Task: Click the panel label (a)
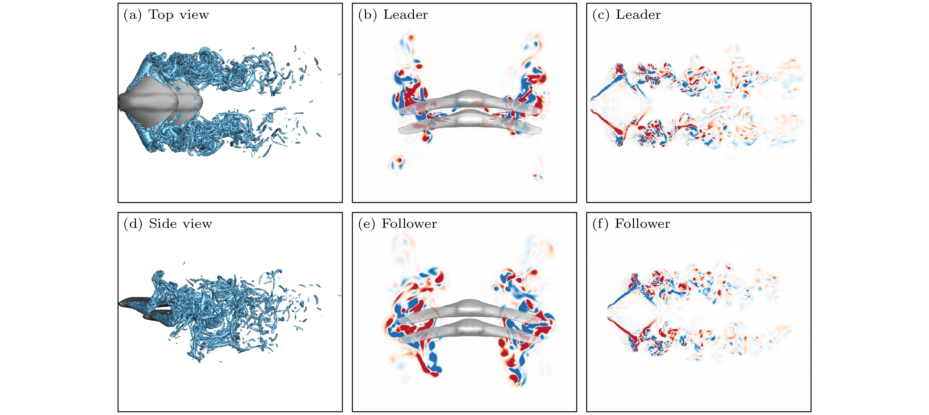tap(132, 15)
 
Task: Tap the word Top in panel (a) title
tap(161, 15)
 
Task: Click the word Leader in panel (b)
tap(405, 15)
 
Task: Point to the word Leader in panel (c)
tap(638, 15)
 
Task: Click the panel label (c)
tap(601, 15)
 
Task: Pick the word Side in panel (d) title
tap(163, 224)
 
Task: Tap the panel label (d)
tap(133, 224)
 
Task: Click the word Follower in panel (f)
tap(642, 224)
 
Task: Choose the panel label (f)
tap(600, 224)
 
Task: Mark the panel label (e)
tap(367, 224)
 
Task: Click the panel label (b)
tap(367, 15)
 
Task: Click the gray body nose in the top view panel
tap(121, 102)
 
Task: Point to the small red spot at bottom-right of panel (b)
tap(537, 176)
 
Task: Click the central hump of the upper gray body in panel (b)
tap(469, 94)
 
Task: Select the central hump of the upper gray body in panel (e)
tap(469, 304)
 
